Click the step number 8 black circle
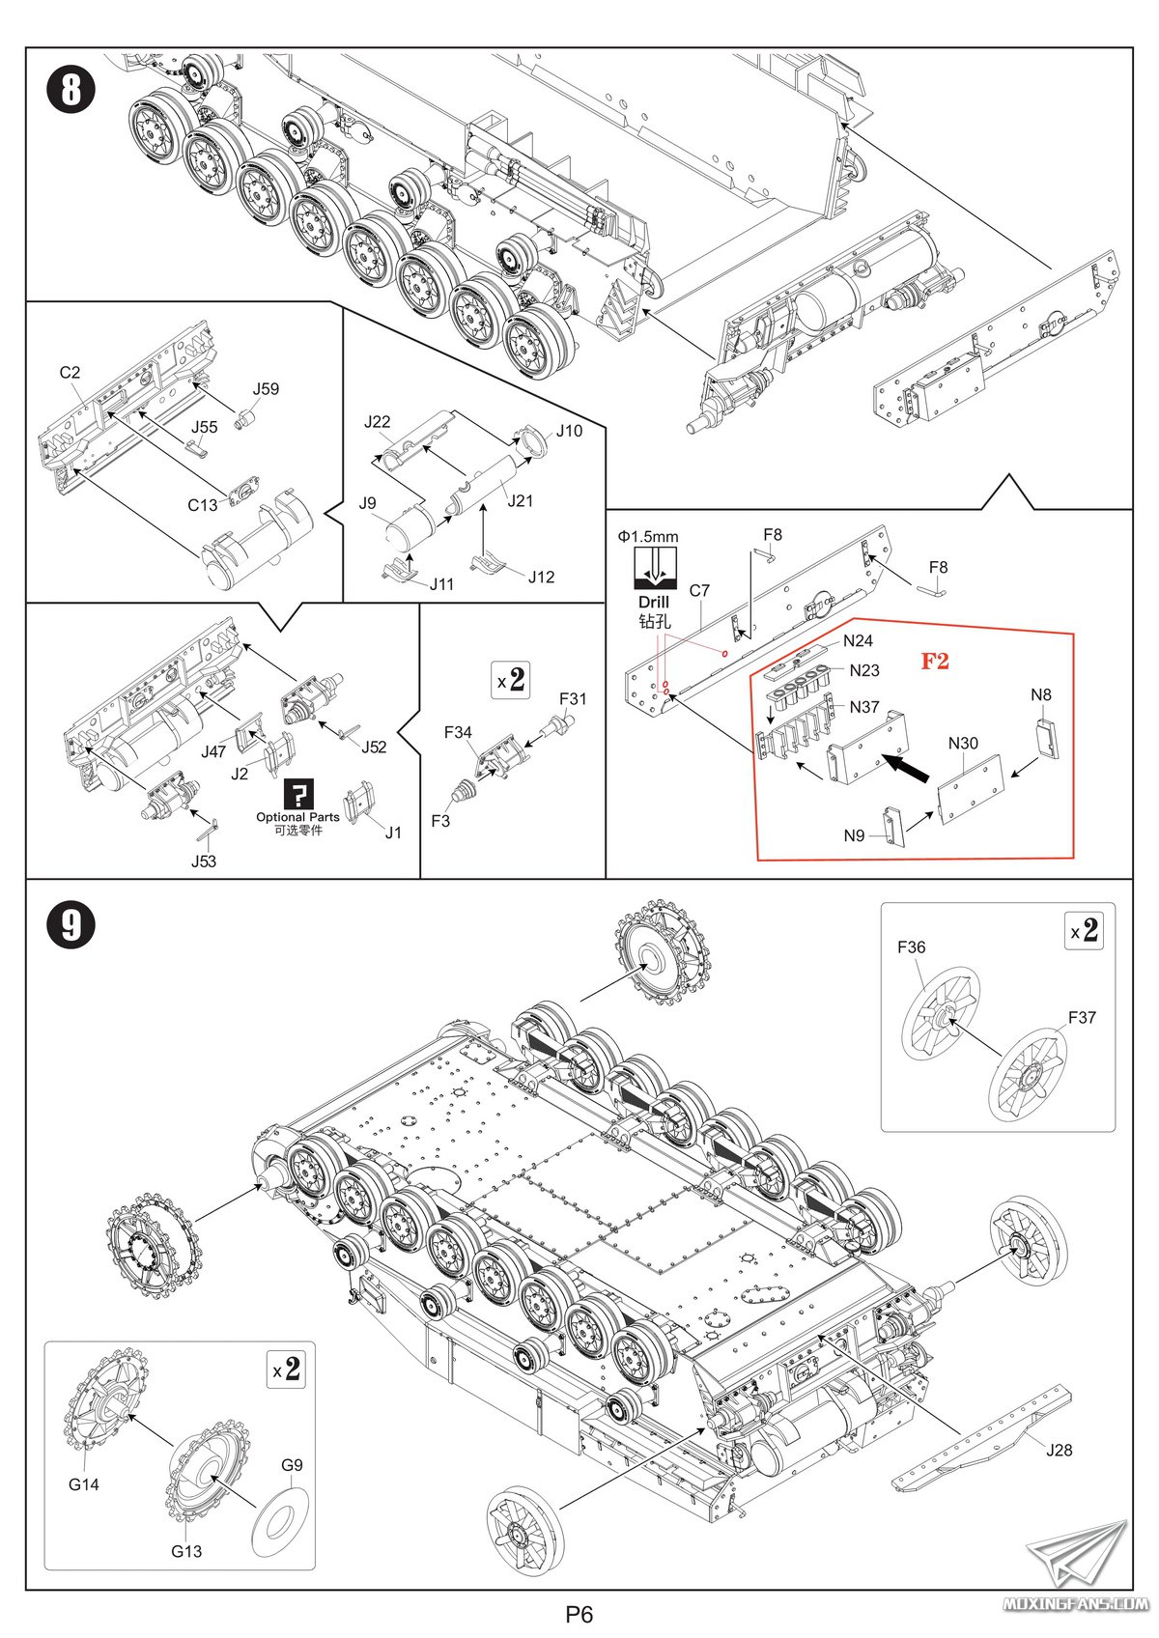(71, 92)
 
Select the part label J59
(266, 388)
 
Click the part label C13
(203, 504)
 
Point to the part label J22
(378, 421)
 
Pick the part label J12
(541, 577)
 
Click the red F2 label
(934, 661)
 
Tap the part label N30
(963, 743)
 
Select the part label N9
(854, 835)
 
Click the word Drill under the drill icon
(654, 602)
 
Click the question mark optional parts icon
(298, 794)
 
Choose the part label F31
(573, 698)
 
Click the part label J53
(204, 861)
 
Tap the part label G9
(292, 1464)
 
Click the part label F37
(1082, 1017)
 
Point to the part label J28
(1059, 1449)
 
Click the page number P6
(579, 1614)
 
